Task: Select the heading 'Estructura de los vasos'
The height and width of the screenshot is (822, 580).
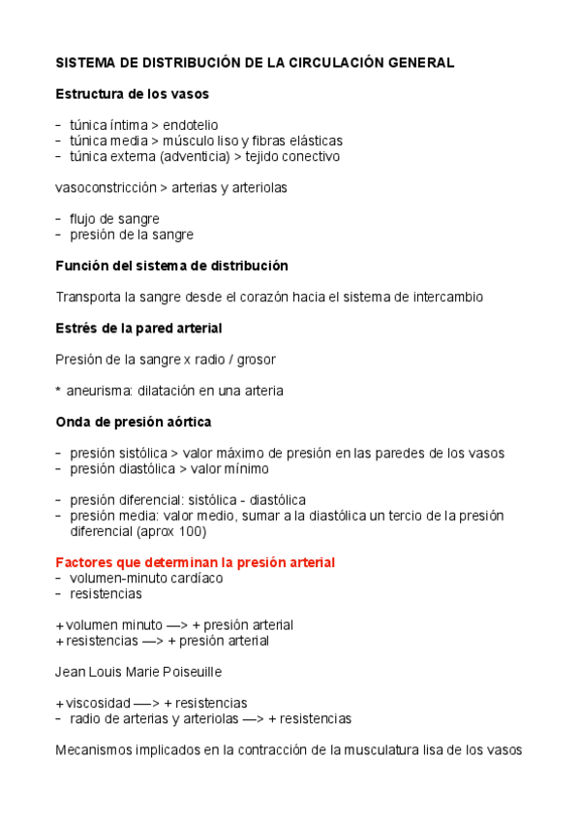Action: pos(132,94)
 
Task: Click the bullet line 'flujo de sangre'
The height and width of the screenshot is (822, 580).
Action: pos(114,219)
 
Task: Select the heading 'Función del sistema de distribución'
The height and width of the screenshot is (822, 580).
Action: pos(171,266)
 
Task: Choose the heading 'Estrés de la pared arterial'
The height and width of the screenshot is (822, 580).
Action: pos(138,328)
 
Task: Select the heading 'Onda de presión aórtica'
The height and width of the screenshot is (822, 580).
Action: pos(134,422)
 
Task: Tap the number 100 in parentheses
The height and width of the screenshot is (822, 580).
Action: pos(192,531)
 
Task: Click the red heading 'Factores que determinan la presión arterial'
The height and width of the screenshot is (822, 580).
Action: pos(196,562)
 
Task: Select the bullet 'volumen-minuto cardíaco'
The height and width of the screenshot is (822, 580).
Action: pos(146,578)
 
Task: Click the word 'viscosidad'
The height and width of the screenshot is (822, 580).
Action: pos(98,703)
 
